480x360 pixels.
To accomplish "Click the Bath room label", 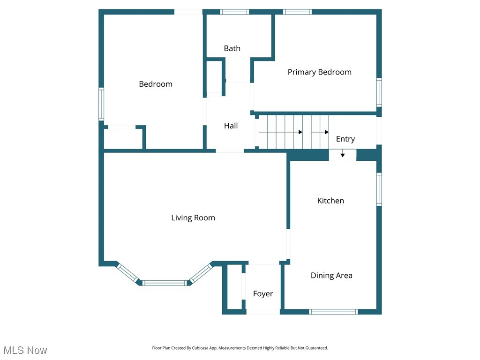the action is [x=232, y=48].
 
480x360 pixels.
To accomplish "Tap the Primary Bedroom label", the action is [x=319, y=72].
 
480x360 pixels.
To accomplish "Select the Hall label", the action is [x=231, y=126].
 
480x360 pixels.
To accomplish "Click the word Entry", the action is [x=345, y=139].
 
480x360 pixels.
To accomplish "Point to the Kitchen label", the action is [x=330, y=201].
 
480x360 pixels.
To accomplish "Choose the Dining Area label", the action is [x=331, y=276].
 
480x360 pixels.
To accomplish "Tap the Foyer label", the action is [x=263, y=294].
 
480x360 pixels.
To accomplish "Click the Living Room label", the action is [x=193, y=218].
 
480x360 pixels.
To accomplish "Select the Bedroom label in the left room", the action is [x=156, y=84].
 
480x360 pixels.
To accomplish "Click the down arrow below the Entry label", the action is [x=343, y=153].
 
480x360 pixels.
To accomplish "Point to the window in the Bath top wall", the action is [x=234, y=12].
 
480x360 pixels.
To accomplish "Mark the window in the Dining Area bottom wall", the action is [x=333, y=312].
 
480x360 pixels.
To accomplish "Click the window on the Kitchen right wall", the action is [x=379, y=189].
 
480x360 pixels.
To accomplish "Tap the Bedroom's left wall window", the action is [x=101, y=104].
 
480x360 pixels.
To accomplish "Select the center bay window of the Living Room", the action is [x=165, y=283].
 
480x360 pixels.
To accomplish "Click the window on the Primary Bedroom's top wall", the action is [x=297, y=12].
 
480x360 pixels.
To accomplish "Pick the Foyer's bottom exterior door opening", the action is [x=263, y=312].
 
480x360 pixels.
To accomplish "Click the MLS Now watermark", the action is [x=25, y=351].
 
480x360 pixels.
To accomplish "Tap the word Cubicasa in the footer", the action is [x=200, y=348].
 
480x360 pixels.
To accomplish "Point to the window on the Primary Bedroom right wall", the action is [x=379, y=92].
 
